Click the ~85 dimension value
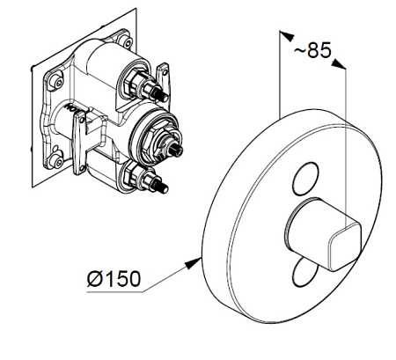(x=312, y=50)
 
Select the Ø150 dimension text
(x=114, y=278)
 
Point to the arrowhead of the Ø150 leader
(x=194, y=262)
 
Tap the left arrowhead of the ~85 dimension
(x=286, y=35)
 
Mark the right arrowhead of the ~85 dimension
(x=339, y=63)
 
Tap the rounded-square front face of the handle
(x=345, y=246)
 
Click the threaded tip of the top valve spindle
(x=163, y=94)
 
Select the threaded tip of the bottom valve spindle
(x=163, y=186)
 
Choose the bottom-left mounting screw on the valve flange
(x=56, y=160)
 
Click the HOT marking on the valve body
(x=76, y=107)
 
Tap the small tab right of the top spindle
(x=163, y=75)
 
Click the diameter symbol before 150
(x=95, y=279)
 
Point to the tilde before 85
(x=300, y=50)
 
